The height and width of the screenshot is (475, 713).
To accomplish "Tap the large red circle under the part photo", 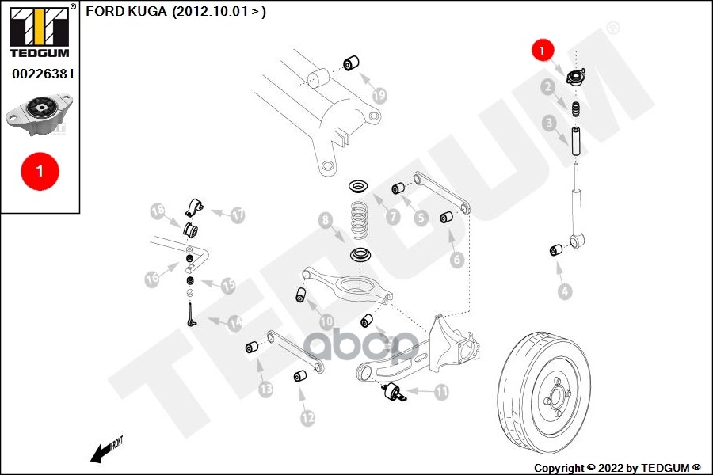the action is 38,169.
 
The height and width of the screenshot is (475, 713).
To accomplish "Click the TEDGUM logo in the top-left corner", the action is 39,31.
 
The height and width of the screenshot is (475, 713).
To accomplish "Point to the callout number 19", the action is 379,96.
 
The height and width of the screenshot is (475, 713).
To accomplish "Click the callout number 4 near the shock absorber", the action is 564,291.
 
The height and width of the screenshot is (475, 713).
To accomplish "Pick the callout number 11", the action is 441,390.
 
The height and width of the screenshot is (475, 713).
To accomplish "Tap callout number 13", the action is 265,388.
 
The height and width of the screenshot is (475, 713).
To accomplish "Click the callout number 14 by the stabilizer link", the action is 234,323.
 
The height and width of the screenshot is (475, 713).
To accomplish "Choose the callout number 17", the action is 238,214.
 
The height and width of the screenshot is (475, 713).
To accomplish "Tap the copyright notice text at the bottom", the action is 617,468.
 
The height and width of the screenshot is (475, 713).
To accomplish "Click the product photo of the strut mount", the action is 39,112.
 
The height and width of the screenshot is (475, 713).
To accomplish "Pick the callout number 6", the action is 457,259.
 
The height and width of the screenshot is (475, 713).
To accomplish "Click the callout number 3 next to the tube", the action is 549,123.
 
